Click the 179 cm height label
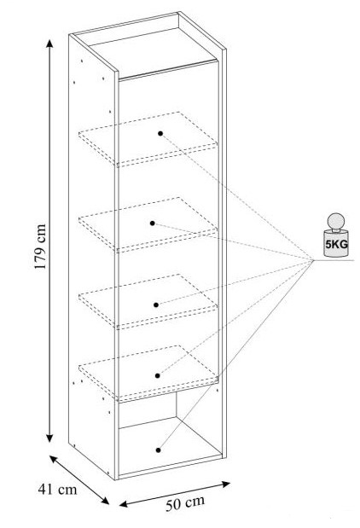click(x=40, y=247)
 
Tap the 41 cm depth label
click(x=57, y=490)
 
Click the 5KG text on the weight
click(x=336, y=244)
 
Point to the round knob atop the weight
click(x=336, y=221)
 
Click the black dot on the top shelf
click(x=160, y=133)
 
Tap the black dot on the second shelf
click(x=152, y=223)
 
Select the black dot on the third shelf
click(x=156, y=305)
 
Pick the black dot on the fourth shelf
click(x=158, y=375)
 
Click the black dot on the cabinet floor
click(x=159, y=450)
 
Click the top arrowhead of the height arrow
click(x=49, y=44)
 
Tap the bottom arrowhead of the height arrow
click(x=49, y=438)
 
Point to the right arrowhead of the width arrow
click(x=226, y=484)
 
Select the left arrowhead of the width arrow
click(x=124, y=504)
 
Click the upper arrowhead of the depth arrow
click(x=53, y=459)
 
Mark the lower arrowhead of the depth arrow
click(x=106, y=501)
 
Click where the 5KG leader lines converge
click(x=313, y=260)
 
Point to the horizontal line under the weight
click(x=334, y=260)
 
